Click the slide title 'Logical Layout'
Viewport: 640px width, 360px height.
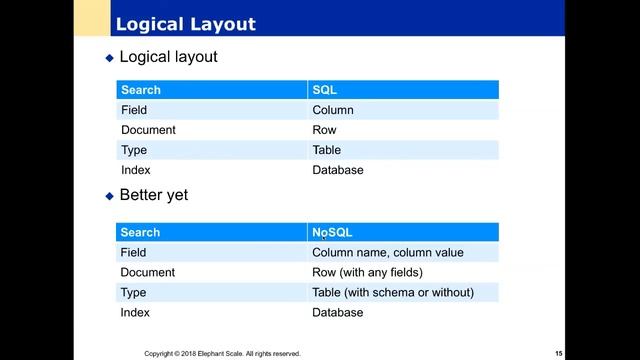coord(186,23)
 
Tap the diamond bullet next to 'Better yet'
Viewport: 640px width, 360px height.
coord(110,196)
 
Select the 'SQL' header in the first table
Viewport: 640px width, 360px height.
coord(323,90)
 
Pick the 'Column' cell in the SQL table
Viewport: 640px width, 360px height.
coord(333,110)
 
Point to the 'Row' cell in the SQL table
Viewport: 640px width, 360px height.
coord(324,130)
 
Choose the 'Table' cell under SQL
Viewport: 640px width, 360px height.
coord(327,150)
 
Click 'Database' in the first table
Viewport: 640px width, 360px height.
coord(338,170)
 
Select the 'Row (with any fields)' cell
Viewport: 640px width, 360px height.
coord(368,272)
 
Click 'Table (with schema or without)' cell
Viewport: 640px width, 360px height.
coord(393,292)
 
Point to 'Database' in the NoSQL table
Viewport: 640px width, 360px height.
coord(338,312)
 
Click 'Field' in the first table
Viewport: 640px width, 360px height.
coord(133,110)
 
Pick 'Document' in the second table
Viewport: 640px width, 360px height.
coord(148,272)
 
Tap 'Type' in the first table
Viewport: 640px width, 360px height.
coord(134,150)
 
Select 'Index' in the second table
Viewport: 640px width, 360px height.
coord(136,312)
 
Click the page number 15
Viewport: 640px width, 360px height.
coord(559,353)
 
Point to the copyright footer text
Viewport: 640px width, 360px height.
coord(222,353)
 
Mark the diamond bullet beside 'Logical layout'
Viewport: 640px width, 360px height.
coord(110,58)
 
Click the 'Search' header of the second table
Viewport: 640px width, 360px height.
coord(141,232)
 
